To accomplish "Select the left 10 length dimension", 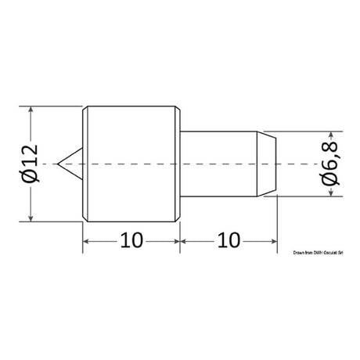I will pyautogui.click(x=131, y=240).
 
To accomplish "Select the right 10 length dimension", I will pyautogui.click(x=229, y=240).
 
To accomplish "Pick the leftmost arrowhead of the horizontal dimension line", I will pyautogui.click(x=87, y=240).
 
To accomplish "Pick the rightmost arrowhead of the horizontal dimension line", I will pyautogui.click(x=274, y=240).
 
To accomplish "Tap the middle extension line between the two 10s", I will pyautogui.click(x=181, y=235).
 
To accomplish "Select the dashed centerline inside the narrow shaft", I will pyautogui.click(x=227, y=165).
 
